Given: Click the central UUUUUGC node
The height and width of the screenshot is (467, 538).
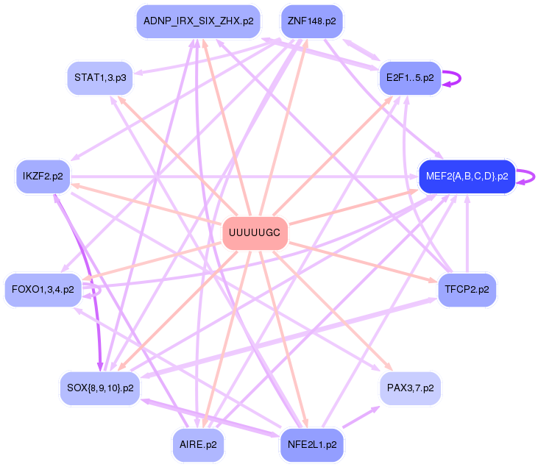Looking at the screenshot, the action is (255, 233).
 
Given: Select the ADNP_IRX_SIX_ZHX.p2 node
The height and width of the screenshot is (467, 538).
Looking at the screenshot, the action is (198, 21).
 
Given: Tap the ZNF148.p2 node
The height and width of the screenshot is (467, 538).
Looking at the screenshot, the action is (311, 21).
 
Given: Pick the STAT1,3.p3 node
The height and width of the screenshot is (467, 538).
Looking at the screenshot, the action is (100, 77).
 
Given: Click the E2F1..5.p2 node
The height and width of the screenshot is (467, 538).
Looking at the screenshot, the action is (409, 77).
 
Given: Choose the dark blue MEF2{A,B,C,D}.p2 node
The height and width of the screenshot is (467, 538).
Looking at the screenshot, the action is (467, 177).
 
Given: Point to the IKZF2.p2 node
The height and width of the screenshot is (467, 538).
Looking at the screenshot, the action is (43, 177).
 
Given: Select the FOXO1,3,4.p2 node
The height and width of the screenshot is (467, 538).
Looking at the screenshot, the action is (43, 290).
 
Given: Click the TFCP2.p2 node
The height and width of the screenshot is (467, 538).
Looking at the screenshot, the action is (467, 290).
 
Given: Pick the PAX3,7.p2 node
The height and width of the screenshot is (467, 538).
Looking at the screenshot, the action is (410, 387).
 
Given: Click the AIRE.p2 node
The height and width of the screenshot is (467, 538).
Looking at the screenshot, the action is (198, 445).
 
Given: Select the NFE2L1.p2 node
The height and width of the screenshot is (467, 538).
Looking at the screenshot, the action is (311, 445).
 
